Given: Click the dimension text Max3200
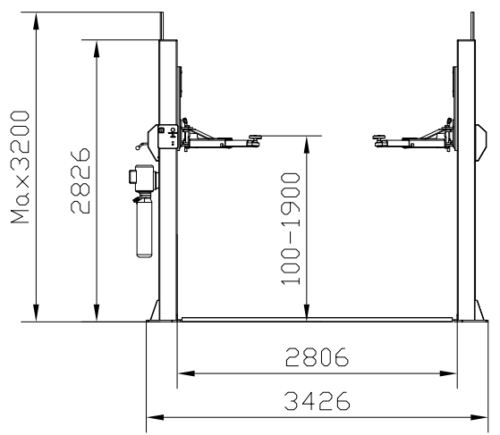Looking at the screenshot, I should tap(19, 169).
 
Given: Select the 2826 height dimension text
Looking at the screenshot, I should tap(81, 180).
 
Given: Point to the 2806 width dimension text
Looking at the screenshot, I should tap(317, 358).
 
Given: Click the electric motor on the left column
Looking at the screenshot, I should tap(142, 179).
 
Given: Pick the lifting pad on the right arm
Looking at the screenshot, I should tap(381, 137).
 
